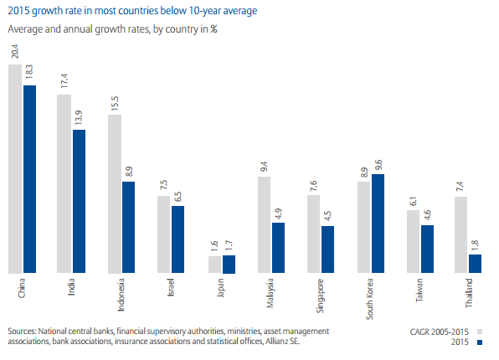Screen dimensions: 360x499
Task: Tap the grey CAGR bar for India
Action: (64, 183)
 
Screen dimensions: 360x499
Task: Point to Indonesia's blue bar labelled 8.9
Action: (128, 227)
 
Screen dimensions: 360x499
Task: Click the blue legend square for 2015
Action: (481, 342)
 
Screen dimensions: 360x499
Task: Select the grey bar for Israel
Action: (164, 234)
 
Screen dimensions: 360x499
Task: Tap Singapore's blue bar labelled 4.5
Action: (327, 249)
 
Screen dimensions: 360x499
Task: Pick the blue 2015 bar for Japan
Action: (229, 264)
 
